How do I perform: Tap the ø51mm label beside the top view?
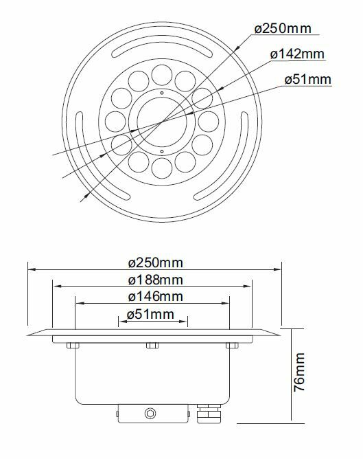307,80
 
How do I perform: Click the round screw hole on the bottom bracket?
148,414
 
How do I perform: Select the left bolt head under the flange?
71,345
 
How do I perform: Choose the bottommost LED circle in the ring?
161,168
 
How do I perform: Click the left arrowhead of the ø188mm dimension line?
55,285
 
